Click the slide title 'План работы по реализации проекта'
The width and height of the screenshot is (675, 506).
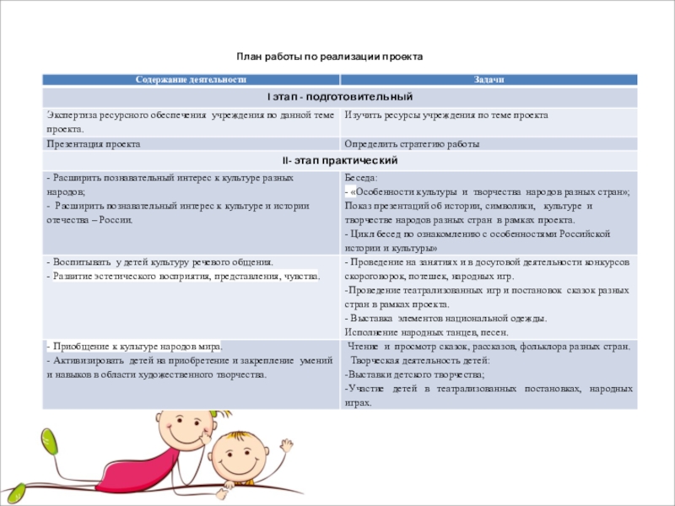pos(330,57)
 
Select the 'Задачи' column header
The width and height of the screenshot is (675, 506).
pos(488,78)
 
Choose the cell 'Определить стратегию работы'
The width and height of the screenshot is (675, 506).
pos(412,144)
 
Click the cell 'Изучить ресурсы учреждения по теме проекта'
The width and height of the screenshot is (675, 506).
pos(446,115)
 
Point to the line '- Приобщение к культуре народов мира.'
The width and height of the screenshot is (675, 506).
pos(134,346)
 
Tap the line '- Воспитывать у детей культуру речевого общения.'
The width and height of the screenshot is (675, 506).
pos(159,262)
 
